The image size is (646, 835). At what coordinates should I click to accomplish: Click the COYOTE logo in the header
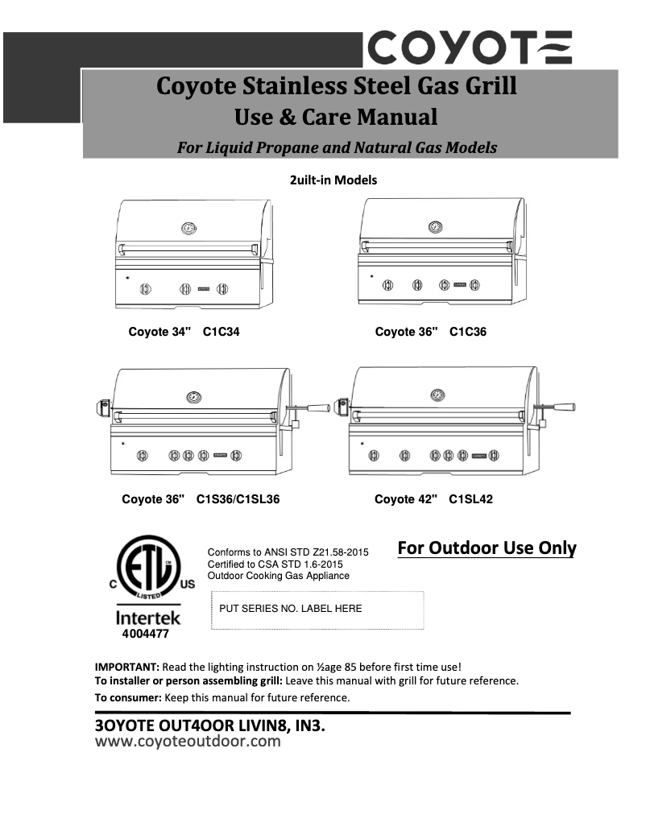pyautogui.click(x=470, y=48)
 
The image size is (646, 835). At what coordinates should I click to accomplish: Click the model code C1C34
pyautogui.click(x=222, y=331)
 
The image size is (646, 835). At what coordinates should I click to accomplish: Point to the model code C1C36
pyautogui.click(x=468, y=331)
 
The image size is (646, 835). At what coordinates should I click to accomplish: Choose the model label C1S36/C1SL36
pyautogui.click(x=238, y=499)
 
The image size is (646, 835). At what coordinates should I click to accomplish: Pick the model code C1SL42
pyautogui.click(x=470, y=499)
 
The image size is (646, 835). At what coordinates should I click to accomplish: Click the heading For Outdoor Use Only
pyautogui.click(x=487, y=548)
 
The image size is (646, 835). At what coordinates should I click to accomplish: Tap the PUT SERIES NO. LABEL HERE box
pyautogui.click(x=317, y=610)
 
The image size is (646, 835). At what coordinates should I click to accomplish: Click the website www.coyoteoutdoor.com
pyautogui.click(x=188, y=742)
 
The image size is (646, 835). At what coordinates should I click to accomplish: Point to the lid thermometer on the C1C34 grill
pyautogui.click(x=188, y=228)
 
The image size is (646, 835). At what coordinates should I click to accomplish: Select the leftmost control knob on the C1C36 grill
pyautogui.click(x=387, y=284)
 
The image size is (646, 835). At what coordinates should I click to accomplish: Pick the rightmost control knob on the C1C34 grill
pyautogui.click(x=223, y=288)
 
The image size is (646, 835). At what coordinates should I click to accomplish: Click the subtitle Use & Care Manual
pyautogui.click(x=336, y=118)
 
